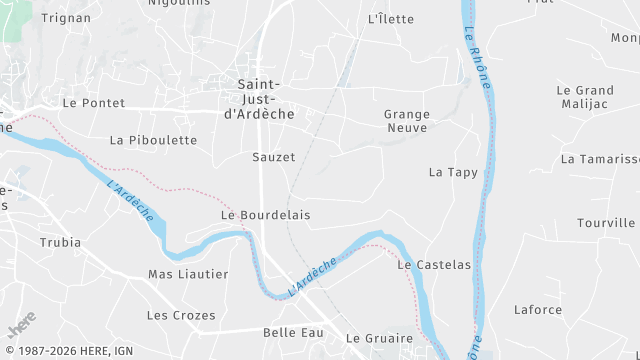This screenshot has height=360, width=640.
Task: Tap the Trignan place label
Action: pyautogui.click(x=65, y=17)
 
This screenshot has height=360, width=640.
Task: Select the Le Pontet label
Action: pyautogui.click(x=93, y=103)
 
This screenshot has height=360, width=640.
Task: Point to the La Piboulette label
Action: pyautogui.click(x=153, y=140)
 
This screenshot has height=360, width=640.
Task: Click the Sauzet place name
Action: pyautogui.click(x=273, y=157)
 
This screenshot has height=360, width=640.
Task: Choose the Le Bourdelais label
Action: pyautogui.click(x=265, y=215)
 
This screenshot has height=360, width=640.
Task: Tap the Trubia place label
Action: pyautogui.click(x=60, y=243)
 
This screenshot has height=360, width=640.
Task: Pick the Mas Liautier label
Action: pyautogui.click(x=188, y=274)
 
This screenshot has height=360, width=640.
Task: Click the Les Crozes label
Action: pyautogui.click(x=181, y=315)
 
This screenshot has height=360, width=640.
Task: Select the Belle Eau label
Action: pyautogui.click(x=293, y=332)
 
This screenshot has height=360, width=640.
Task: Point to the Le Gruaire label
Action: pyautogui.click(x=379, y=338)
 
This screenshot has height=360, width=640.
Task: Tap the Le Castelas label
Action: pyautogui.click(x=433, y=265)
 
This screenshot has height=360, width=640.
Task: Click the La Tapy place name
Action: pyautogui.click(x=453, y=172)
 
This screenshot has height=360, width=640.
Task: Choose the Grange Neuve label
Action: pyautogui.click(x=406, y=121)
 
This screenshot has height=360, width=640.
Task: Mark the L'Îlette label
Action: pyautogui.click(x=391, y=19)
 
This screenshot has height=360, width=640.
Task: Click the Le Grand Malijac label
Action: pyautogui.click(x=585, y=97)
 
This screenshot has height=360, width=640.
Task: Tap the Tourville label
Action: pyautogui.click(x=606, y=223)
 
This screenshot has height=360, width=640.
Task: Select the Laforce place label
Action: pyautogui.click(x=538, y=310)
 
